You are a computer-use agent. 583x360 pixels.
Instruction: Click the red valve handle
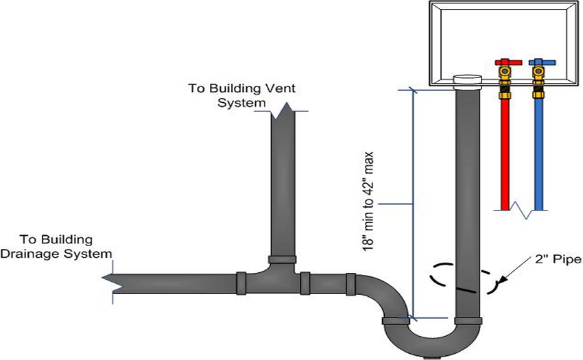point(508,62)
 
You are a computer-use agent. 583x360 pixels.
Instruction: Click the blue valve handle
point(542,62)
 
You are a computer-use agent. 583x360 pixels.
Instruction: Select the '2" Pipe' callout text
point(558,259)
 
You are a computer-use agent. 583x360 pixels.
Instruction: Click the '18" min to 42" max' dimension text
point(368,201)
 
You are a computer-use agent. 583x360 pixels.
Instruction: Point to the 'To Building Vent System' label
point(241,95)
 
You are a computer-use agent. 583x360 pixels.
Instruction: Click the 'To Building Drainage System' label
point(56,247)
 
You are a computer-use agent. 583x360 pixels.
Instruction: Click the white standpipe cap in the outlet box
point(467,82)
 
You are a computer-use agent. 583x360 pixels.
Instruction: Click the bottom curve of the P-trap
point(432,341)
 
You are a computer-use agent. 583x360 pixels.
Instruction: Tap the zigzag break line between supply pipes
point(520,210)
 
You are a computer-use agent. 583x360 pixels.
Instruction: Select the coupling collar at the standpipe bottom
point(468,321)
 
